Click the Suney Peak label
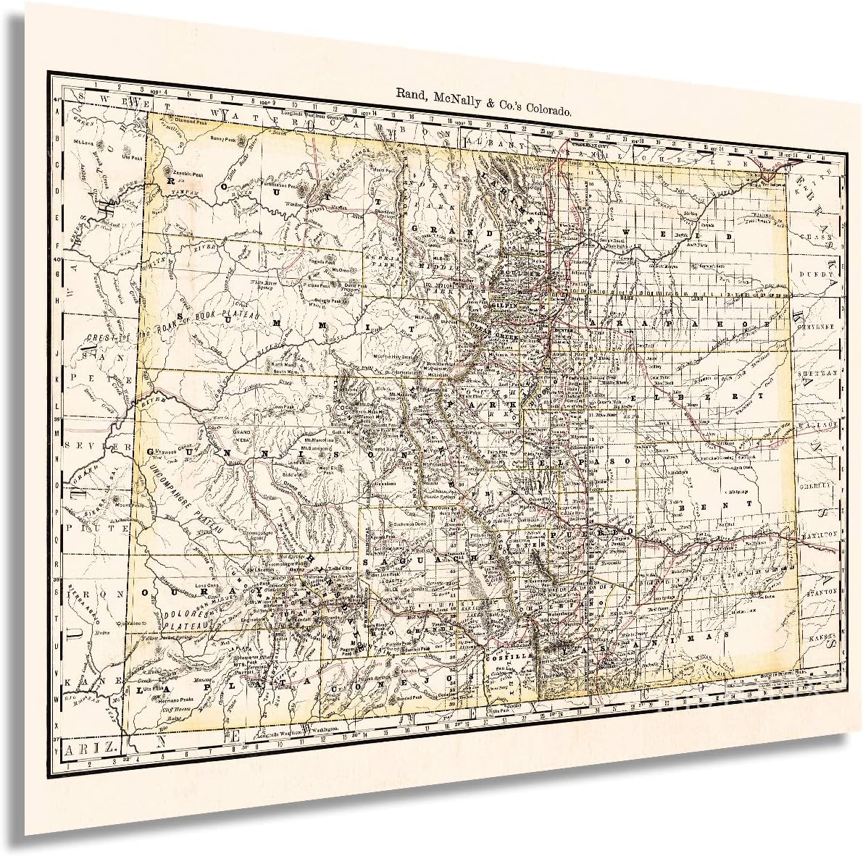222,138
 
